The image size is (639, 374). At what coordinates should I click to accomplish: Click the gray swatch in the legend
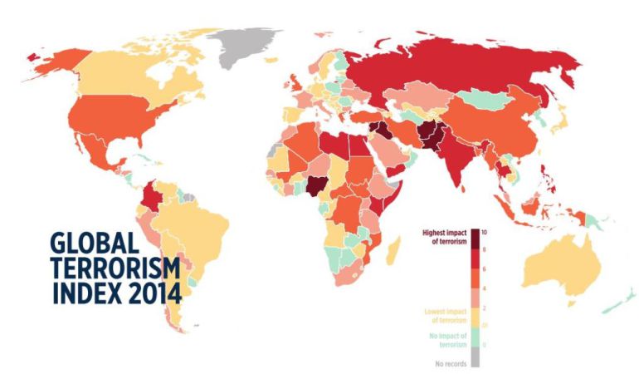coord(475,357)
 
